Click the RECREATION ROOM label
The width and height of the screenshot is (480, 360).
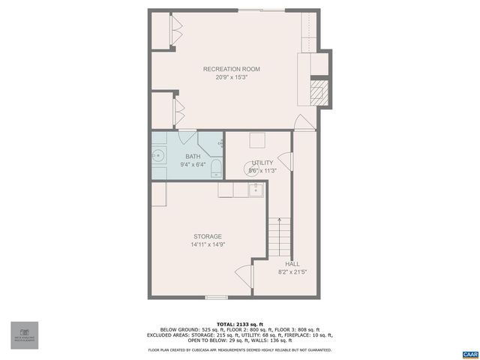pos(231,69)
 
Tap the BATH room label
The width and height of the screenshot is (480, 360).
pos(193,156)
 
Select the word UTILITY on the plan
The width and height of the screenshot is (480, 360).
pos(262,163)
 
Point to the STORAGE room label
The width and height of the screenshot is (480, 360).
pos(208,236)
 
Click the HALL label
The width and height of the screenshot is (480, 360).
pos(292,263)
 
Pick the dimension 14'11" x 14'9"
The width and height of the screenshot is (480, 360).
pos(208,244)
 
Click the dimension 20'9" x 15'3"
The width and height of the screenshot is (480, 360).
pos(231,77)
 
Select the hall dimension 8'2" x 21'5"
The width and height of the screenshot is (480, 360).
pos(292,271)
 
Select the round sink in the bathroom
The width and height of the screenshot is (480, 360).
pos(158,155)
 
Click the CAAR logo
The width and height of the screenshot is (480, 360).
pos(470,352)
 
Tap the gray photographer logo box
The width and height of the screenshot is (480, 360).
pos(24,334)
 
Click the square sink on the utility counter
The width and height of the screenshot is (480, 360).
pos(256,190)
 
